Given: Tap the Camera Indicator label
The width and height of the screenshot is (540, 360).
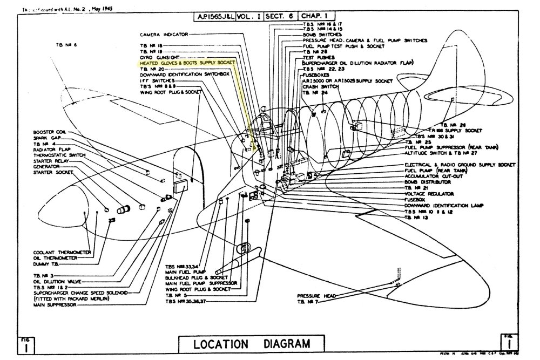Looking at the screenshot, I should [164, 34].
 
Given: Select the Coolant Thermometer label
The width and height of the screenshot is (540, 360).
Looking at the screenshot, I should [62, 252].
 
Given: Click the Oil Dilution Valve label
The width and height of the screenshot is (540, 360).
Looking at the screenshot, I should [57, 281].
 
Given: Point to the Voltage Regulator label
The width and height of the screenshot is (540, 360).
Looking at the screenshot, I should [429, 194].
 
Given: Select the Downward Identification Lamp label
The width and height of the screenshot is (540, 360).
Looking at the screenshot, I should [443, 206].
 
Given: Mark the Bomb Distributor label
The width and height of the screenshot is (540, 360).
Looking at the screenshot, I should [428, 182].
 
